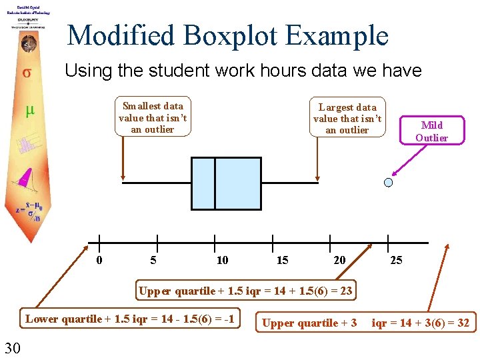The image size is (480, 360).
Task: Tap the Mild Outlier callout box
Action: [x=431, y=131]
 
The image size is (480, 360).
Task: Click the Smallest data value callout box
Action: [x=153, y=117]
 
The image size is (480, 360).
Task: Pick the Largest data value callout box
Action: [x=347, y=118]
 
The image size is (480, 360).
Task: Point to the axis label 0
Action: [x=99, y=260]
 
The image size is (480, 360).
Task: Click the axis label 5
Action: [x=154, y=260]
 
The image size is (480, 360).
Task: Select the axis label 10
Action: [x=222, y=260]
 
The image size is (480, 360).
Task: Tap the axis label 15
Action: [x=283, y=260]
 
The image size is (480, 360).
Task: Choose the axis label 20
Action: [x=339, y=260]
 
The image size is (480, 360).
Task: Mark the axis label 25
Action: [x=396, y=260]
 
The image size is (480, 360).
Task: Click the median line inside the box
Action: [x=215, y=183]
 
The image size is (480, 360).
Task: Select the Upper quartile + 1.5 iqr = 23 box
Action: [x=245, y=291]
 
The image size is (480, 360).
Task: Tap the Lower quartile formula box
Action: [x=129, y=319]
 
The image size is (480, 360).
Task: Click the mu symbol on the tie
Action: [x=29, y=111]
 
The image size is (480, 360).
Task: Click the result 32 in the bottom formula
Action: [x=463, y=323]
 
